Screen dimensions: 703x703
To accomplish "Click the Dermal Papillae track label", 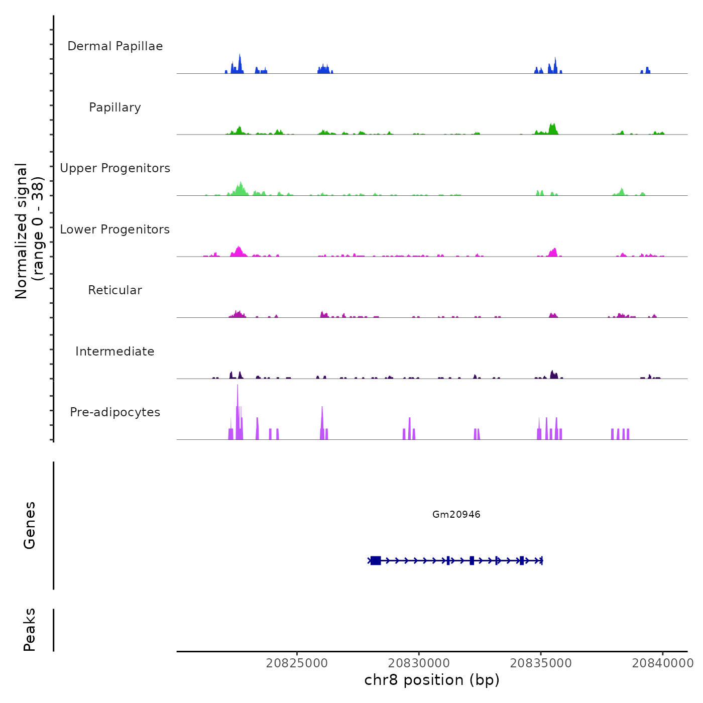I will [x=115, y=46].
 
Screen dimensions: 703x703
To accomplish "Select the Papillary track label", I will [x=115, y=107].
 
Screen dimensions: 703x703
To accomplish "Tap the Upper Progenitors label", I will [x=115, y=168].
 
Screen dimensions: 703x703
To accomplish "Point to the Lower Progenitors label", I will [x=115, y=229].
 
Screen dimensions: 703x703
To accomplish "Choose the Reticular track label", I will [x=115, y=290].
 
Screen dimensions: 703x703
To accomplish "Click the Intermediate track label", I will [x=115, y=351].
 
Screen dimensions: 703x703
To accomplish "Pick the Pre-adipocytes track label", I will [x=115, y=412].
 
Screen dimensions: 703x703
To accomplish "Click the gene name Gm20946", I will [x=456, y=514].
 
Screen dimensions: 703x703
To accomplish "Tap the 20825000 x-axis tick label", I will [x=297, y=663].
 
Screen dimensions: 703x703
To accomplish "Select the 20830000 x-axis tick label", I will [x=419, y=663].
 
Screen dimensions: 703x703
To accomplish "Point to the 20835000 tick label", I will [x=541, y=663].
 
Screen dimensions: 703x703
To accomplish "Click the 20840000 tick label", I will [x=663, y=663].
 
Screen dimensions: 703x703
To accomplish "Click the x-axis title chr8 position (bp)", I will [x=432, y=680].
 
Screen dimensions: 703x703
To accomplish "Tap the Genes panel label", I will [x=30, y=525].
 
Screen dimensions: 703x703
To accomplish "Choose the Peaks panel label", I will [x=30, y=630].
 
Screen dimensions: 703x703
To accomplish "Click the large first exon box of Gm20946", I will [x=376, y=560].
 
